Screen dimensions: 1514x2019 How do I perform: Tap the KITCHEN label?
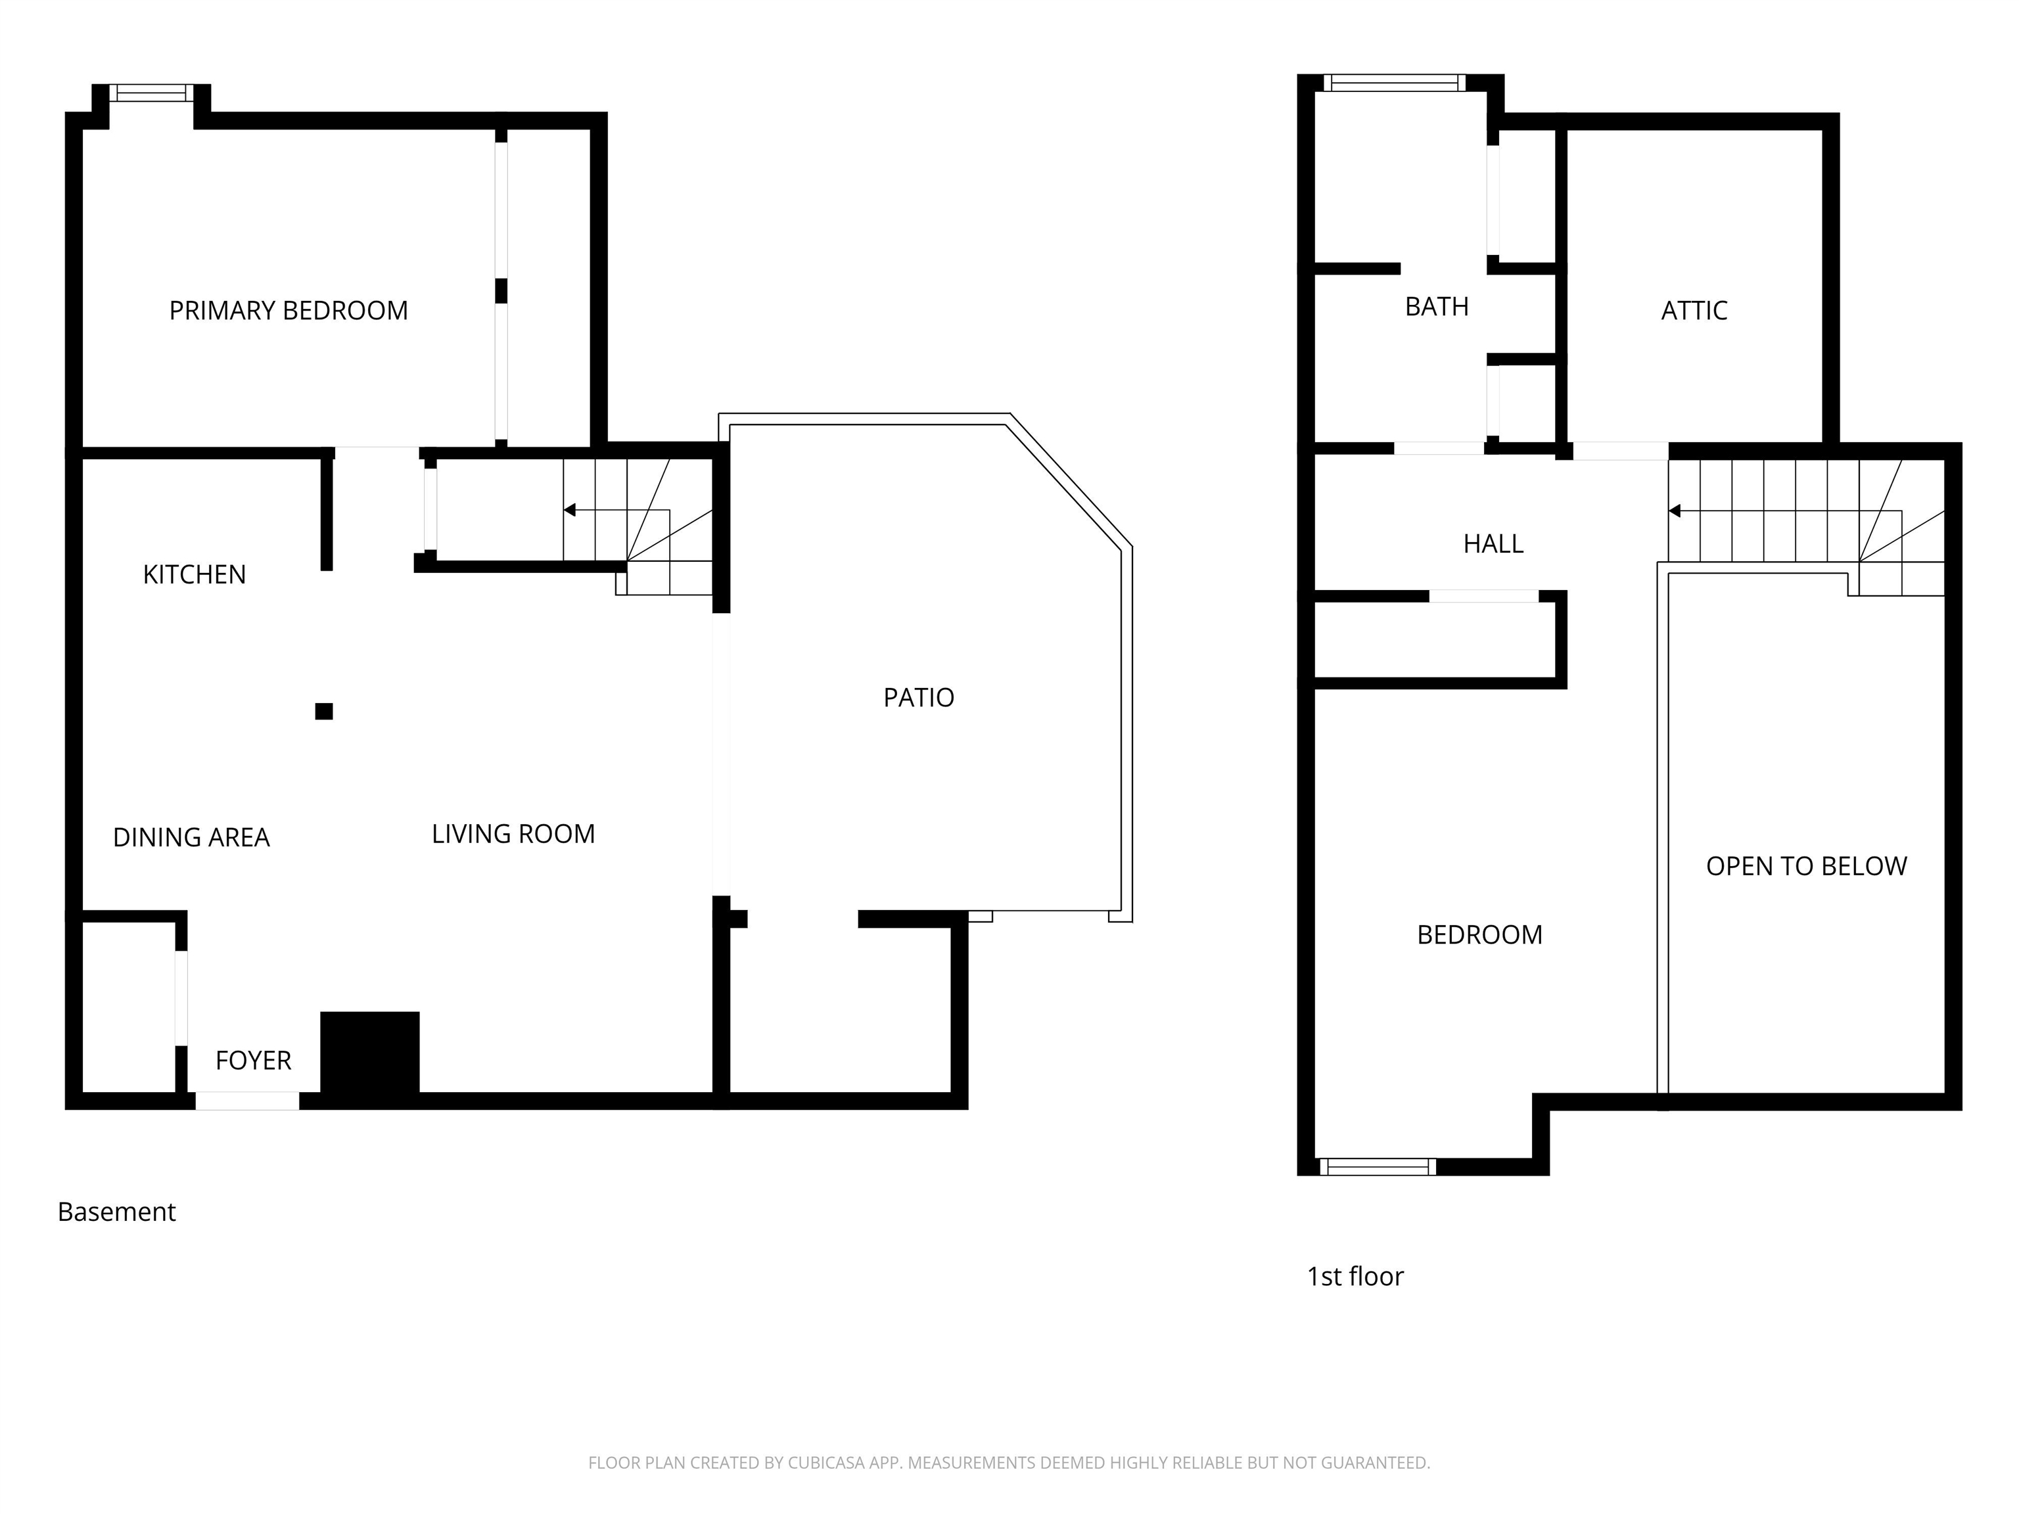195,574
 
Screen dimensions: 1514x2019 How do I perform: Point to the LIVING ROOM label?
513,833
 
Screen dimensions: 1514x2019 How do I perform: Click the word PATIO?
918,697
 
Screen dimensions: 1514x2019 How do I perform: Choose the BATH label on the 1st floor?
1437,307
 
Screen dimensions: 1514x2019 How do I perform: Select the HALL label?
1493,544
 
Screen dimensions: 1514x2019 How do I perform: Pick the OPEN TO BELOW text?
1806,866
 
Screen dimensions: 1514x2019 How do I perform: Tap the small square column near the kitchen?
324,711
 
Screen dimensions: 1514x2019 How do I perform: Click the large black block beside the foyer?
369,1053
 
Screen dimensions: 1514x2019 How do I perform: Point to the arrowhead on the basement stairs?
570,510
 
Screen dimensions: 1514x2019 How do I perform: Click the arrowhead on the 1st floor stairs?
1675,511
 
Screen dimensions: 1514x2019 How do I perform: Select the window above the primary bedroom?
152,92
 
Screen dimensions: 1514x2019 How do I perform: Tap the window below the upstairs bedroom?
1378,1166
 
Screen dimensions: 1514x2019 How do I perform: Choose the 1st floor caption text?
1355,1277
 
